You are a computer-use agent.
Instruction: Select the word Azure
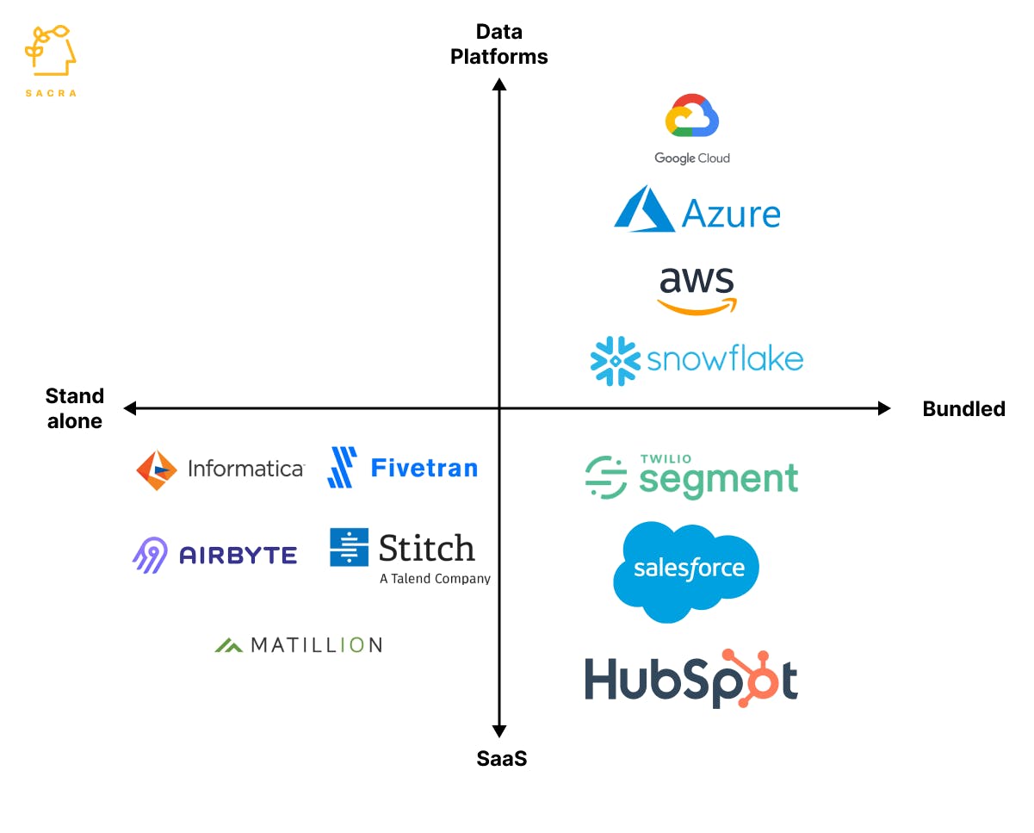(731, 213)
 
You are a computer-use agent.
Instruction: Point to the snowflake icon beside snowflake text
(616, 360)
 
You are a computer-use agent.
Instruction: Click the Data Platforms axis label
(499, 45)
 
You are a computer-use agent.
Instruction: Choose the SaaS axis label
(501, 759)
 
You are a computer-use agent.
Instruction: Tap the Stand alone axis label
(75, 408)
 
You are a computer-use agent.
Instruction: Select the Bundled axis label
(963, 409)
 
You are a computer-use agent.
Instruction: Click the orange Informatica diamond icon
(156, 469)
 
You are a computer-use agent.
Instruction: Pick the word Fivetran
(424, 468)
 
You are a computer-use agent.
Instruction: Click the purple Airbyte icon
(150, 555)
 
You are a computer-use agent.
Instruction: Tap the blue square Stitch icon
(349, 547)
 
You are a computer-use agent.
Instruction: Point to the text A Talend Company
(435, 579)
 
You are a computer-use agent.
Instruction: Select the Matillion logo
(298, 644)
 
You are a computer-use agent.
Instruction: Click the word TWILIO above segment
(666, 459)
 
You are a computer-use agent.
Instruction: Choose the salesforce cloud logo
(687, 569)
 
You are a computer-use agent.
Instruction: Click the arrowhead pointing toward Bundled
(884, 408)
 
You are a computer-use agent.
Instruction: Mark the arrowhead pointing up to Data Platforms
(499, 84)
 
